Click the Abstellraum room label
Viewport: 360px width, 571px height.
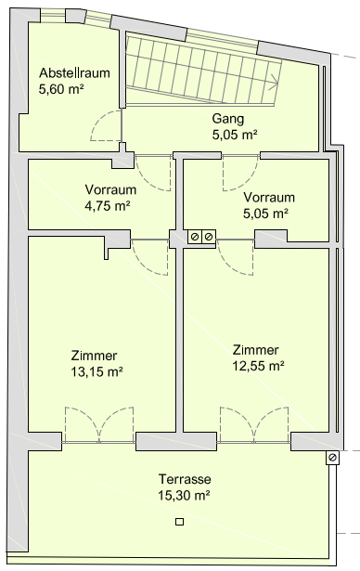(x=74, y=72)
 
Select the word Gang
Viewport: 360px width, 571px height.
(x=228, y=119)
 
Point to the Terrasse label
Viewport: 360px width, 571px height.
(x=185, y=479)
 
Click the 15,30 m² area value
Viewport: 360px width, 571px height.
(x=184, y=495)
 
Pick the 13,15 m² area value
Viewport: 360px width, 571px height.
(x=96, y=371)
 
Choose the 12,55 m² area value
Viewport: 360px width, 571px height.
(x=258, y=366)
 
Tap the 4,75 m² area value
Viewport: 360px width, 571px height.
(x=108, y=206)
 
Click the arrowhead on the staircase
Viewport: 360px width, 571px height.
(x=274, y=84)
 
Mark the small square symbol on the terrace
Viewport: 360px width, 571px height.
(x=179, y=522)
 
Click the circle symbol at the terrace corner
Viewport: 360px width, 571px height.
(x=332, y=458)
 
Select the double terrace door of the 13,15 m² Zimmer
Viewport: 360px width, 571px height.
(x=99, y=424)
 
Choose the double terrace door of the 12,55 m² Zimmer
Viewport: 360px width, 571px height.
(x=254, y=424)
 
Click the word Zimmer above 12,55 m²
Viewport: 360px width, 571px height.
(x=256, y=350)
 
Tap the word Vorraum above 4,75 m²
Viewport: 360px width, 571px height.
(x=110, y=189)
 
